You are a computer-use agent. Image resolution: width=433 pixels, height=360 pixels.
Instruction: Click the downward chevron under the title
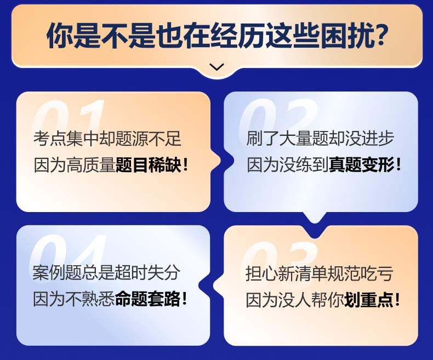217,67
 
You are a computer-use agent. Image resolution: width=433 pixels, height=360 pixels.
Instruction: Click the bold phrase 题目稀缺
149,165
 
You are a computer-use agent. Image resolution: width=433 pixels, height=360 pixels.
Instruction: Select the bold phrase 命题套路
148,299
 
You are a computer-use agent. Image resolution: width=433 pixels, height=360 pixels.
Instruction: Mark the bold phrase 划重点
369,300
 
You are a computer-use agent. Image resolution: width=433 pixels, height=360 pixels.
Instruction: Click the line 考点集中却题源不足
107,139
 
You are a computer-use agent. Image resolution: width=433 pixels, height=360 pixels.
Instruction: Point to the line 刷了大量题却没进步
320,138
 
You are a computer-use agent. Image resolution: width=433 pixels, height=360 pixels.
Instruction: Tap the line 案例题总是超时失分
106,272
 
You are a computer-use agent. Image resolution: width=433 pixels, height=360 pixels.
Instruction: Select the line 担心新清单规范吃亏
319,273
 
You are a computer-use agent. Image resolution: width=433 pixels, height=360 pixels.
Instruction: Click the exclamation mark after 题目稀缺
185,165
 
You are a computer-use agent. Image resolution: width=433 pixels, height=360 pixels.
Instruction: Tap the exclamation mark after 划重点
397,300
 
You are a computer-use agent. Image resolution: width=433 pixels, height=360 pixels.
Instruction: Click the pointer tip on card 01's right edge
221,161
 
